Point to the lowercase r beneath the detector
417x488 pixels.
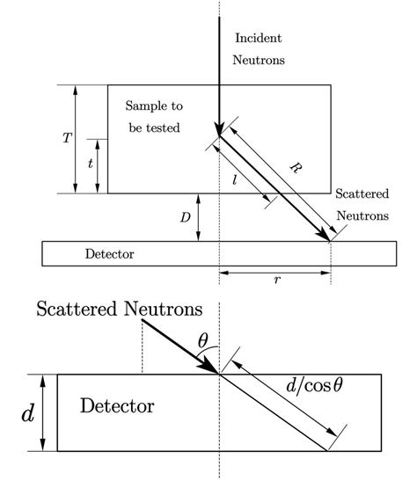[277, 280]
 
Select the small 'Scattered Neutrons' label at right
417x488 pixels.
[362, 201]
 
